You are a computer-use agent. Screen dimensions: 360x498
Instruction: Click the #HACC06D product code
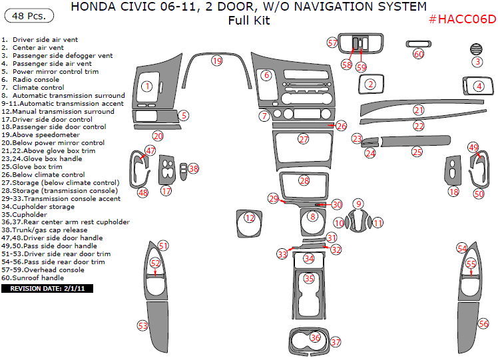(462, 19)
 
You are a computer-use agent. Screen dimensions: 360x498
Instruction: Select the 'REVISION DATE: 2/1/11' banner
(47, 289)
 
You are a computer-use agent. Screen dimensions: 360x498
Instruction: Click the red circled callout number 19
(216, 61)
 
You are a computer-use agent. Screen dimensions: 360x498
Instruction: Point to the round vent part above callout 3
(477, 49)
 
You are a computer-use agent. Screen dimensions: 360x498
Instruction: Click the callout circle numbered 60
(418, 54)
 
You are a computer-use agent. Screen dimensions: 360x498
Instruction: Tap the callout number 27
(304, 139)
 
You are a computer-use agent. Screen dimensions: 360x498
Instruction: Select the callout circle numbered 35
(308, 278)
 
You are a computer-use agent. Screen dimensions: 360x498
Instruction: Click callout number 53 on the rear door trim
(142, 325)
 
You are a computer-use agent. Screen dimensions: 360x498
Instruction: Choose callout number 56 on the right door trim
(483, 323)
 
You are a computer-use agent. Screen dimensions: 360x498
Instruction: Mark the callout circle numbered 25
(417, 152)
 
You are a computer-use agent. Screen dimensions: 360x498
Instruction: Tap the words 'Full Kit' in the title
(248, 21)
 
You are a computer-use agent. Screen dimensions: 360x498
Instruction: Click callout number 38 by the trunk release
(193, 169)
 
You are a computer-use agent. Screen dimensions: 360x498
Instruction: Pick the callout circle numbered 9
(358, 204)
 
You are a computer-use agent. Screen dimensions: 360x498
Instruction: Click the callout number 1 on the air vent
(147, 86)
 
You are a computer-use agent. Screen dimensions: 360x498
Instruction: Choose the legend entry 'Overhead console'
(45, 270)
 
